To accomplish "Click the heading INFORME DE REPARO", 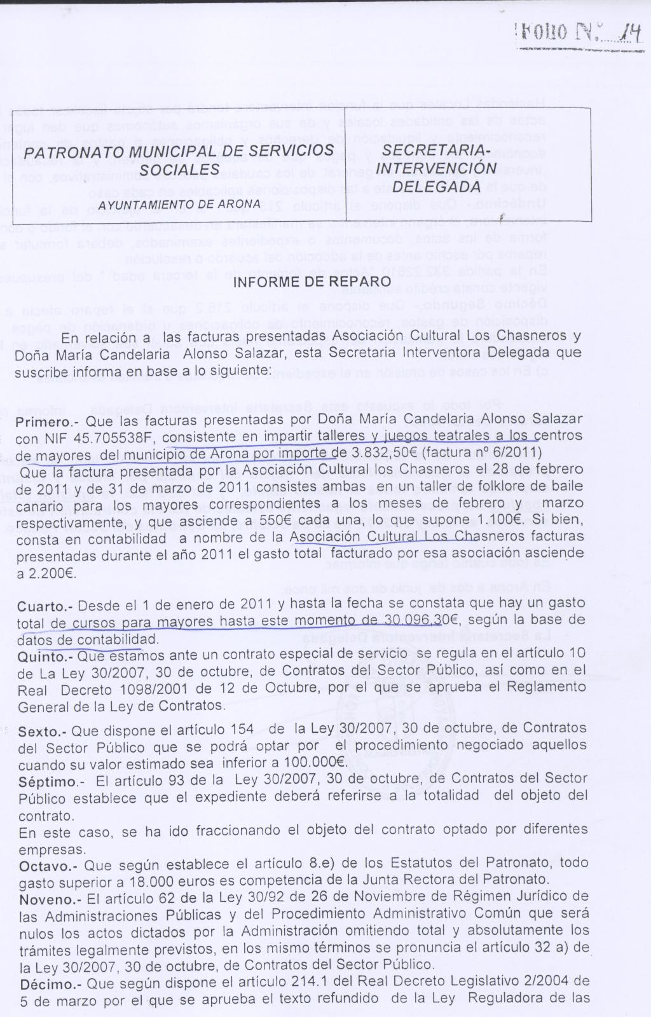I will [x=313, y=281].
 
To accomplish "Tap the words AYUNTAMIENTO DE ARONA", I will [x=179, y=204].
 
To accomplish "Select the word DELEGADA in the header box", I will [x=436, y=187].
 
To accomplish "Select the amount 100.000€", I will [x=312, y=761].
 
